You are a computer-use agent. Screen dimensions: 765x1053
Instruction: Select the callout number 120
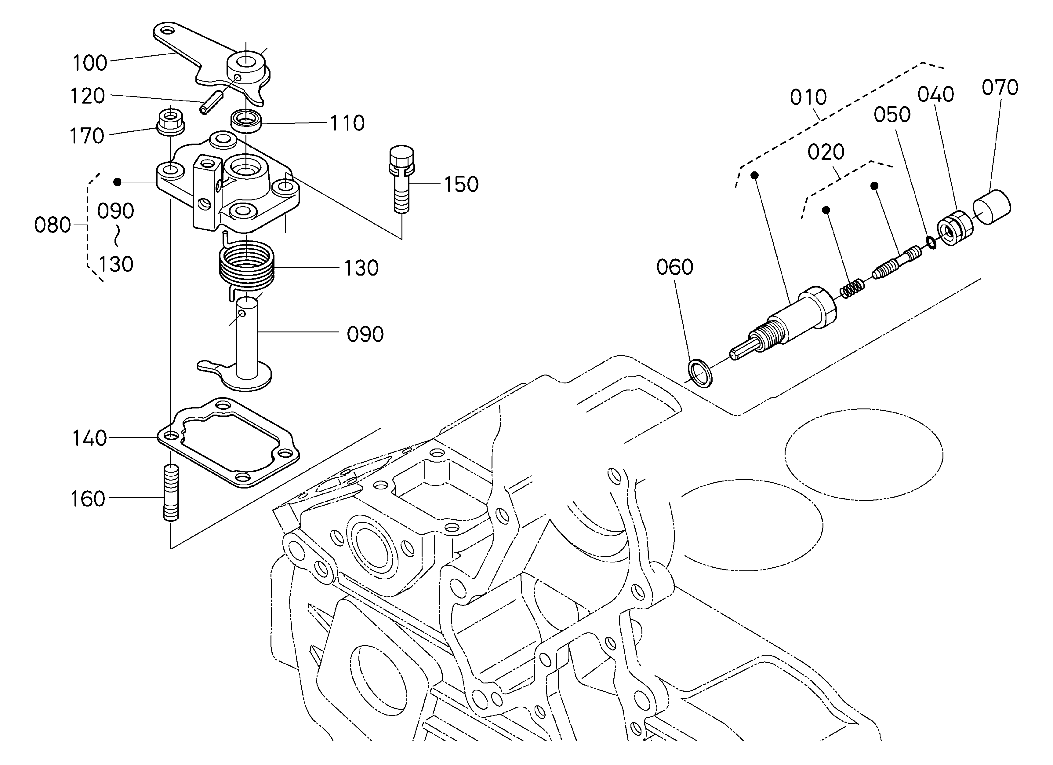coord(87,96)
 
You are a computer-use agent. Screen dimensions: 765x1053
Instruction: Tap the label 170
coord(86,136)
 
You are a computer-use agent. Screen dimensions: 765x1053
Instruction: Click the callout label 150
coord(461,185)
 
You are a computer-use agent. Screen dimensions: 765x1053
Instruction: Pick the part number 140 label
coord(89,438)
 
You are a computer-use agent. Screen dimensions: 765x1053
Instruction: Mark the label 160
coord(87,499)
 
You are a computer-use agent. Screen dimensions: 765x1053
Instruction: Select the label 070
coord(1000,88)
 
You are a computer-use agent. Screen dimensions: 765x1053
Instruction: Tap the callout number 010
coord(808,97)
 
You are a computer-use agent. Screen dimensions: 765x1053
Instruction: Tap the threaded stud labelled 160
coord(171,492)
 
